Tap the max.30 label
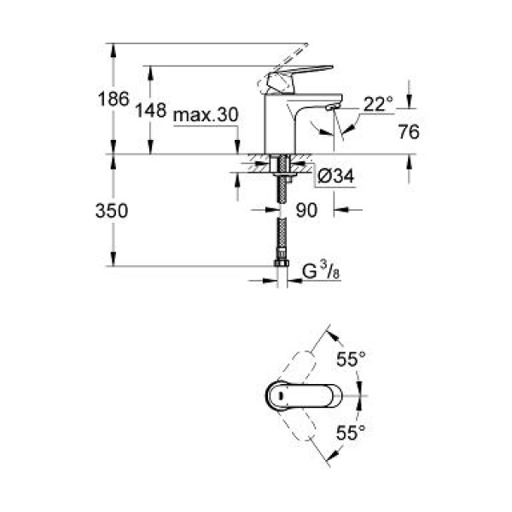click(x=204, y=114)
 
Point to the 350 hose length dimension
click(x=111, y=211)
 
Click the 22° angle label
click(x=379, y=104)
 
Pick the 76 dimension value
click(x=410, y=131)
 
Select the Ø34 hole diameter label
click(x=335, y=177)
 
